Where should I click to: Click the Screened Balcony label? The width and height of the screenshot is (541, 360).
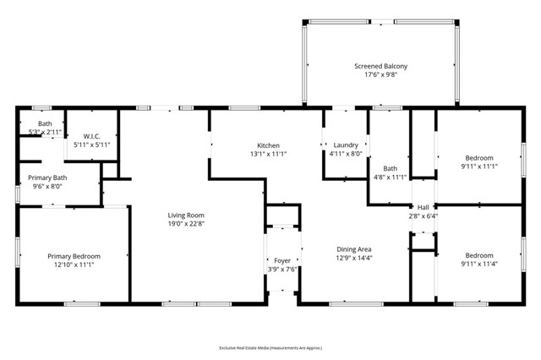coord(380,66)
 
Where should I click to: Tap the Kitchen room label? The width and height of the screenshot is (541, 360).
coord(268,145)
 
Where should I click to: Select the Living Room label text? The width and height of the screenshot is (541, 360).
coord(185,215)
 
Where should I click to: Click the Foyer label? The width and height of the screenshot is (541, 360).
coord(281,261)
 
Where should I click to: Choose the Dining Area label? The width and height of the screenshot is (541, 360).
coord(354,248)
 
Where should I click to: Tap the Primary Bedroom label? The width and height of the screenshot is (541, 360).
coord(74,256)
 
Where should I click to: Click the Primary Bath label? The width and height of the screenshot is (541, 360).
coord(47,177)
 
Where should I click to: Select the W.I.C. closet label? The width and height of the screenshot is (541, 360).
coord(92,136)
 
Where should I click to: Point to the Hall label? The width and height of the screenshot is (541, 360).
coord(421,207)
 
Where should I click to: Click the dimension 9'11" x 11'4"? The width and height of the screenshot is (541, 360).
coord(479,265)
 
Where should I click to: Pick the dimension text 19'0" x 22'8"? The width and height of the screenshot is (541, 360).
coord(185,224)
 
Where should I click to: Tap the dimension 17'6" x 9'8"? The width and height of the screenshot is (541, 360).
coord(380,75)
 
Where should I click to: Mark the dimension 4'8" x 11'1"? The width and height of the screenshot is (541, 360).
coord(390,177)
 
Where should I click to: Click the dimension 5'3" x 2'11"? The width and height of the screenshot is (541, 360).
coord(44,132)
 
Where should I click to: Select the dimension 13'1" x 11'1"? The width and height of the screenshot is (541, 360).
coord(268,154)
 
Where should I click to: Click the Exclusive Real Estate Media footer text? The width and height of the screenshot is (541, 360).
coord(270,347)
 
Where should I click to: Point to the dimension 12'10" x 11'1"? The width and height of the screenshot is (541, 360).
coord(74,265)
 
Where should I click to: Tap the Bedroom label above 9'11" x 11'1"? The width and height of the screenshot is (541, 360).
coord(479,157)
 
